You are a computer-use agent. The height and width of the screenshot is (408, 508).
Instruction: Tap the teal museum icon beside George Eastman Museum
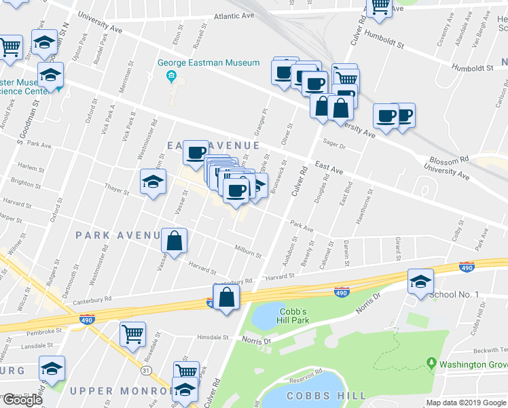click(x=173, y=75)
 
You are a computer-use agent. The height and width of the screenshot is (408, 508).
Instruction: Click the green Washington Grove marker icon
click(x=431, y=363)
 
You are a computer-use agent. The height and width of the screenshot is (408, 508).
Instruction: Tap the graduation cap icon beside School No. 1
click(x=420, y=280)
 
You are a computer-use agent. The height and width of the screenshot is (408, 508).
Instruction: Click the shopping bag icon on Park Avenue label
click(x=175, y=240)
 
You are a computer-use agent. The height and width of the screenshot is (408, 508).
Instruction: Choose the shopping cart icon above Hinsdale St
click(x=132, y=333)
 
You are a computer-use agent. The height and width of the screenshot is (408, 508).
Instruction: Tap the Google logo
click(x=22, y=400)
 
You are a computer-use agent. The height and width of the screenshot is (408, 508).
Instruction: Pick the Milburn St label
click(x=248, y=251)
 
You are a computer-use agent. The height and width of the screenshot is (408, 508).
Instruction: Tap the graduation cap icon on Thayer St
click(x=153, y=182)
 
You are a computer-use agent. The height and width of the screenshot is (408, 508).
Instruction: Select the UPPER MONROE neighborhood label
click(x=120, y=391)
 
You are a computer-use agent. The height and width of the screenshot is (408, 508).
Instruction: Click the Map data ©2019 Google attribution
click(x=466, y=402)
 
